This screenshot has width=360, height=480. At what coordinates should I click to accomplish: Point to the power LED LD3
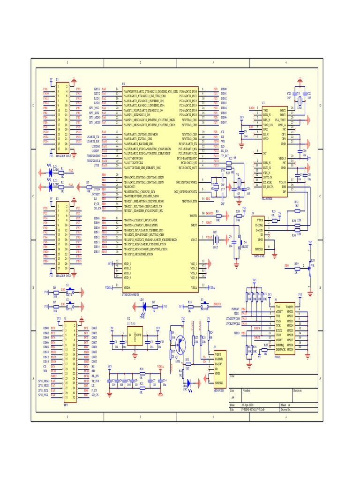[144, 306]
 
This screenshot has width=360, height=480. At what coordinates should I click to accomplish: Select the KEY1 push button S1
[68, 291]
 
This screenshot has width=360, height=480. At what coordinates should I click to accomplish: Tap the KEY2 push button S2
[68, 306]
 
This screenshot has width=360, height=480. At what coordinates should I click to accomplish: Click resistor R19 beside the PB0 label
[297, 266]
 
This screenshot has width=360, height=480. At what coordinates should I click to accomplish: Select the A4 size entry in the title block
[232, 396]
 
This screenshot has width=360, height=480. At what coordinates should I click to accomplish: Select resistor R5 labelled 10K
[88, 188]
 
